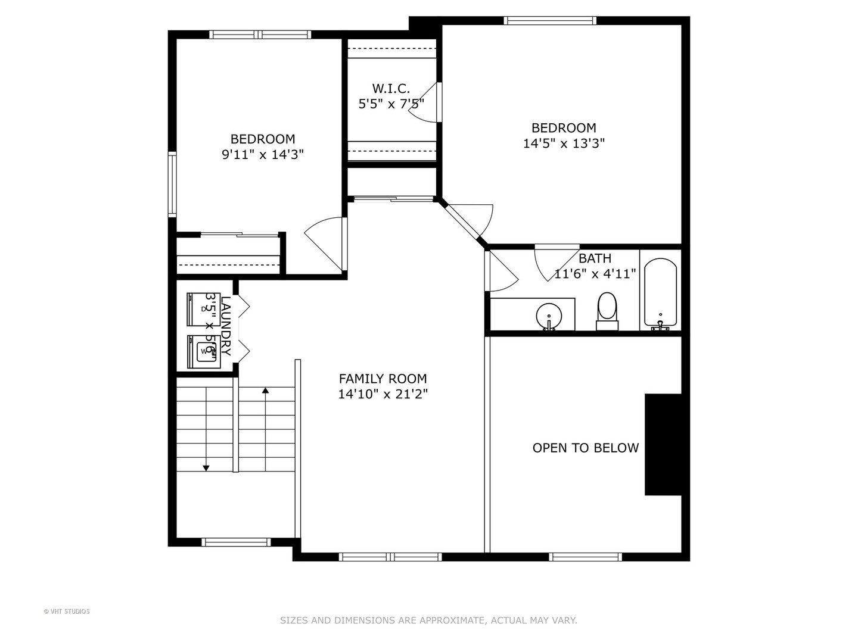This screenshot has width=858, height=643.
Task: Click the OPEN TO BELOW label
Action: (585, 448)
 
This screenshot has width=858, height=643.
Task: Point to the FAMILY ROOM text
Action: (383, 379)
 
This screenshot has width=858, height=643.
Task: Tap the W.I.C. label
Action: (391, 89)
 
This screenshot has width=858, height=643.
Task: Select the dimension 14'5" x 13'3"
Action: (564, 143)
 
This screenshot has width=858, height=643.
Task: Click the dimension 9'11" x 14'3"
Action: (263, 155)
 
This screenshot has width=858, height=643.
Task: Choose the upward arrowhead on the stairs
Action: (265, 391)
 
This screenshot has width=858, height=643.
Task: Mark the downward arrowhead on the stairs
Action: (206, 468)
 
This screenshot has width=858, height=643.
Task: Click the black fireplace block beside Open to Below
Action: (663, 444)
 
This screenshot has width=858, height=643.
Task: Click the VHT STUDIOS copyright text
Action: (67, 611)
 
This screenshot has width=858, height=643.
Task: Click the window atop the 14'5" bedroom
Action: (549, 21)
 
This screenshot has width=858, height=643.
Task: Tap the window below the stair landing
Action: (236, 542)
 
